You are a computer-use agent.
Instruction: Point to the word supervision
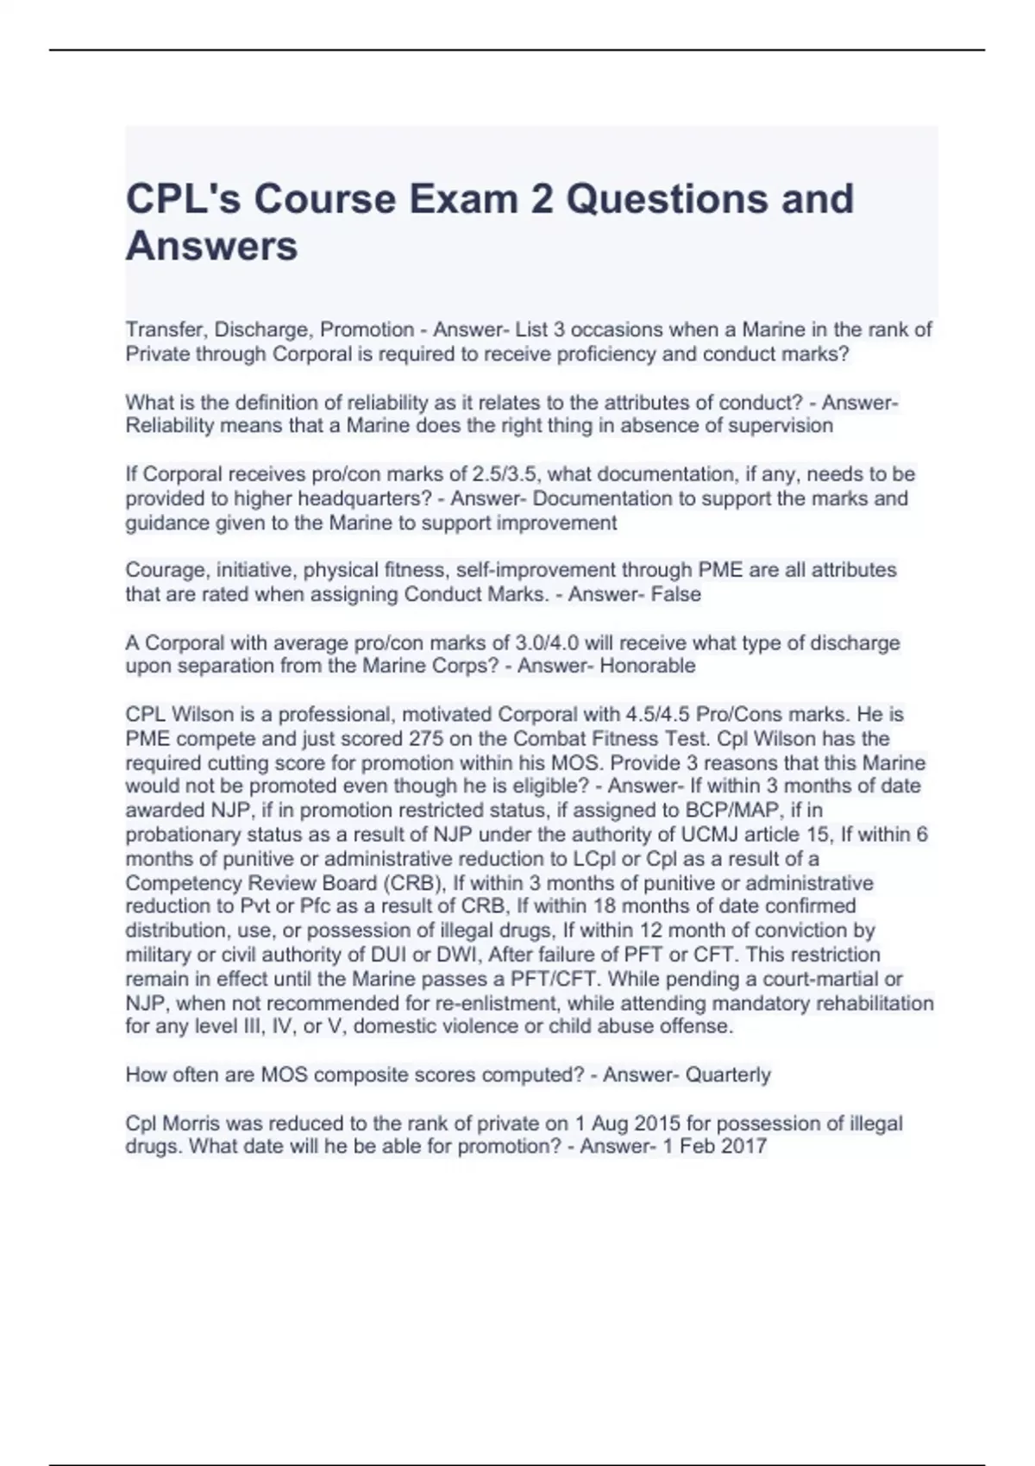point(781,425)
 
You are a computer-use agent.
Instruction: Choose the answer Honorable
point(647,666)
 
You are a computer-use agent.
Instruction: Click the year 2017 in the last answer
point(743,1147)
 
